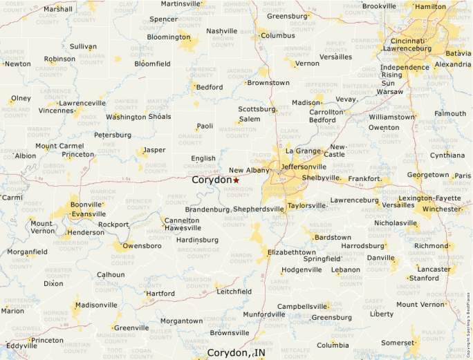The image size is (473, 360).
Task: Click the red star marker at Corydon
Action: point(236,180)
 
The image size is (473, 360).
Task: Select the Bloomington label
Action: point(168,37)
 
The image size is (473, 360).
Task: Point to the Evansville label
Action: point(88,214)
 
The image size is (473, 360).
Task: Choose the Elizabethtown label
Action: point(291,252)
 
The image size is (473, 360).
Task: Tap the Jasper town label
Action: point(154,149)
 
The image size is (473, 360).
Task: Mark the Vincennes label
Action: point(56,111)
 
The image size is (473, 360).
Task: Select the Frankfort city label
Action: point(364,179)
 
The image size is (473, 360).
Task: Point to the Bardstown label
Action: point(333,237)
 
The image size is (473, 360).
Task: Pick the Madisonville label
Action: point(96,305)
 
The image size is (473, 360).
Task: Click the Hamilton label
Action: point(431,6)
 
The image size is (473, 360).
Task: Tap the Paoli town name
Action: point(205,126)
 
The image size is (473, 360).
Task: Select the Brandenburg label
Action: point(207,209)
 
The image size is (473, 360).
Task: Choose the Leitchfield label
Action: point(234,292)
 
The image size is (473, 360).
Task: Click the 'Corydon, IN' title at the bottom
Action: point(236,353)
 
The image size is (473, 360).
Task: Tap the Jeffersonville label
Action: point(303,167)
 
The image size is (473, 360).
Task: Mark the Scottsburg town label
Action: point(257,109)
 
